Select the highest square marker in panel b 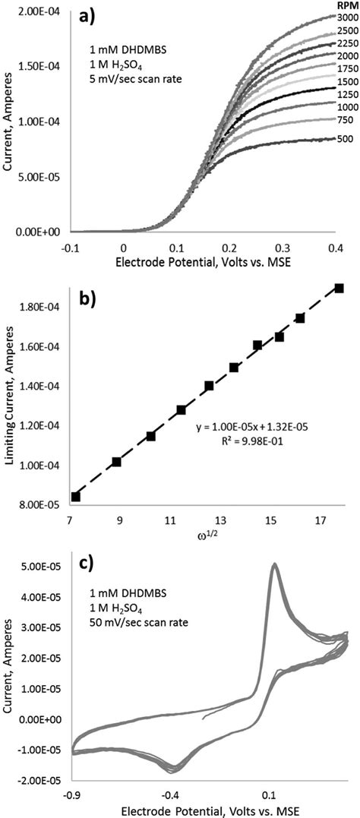pyautogui.click(x=339, y=288)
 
